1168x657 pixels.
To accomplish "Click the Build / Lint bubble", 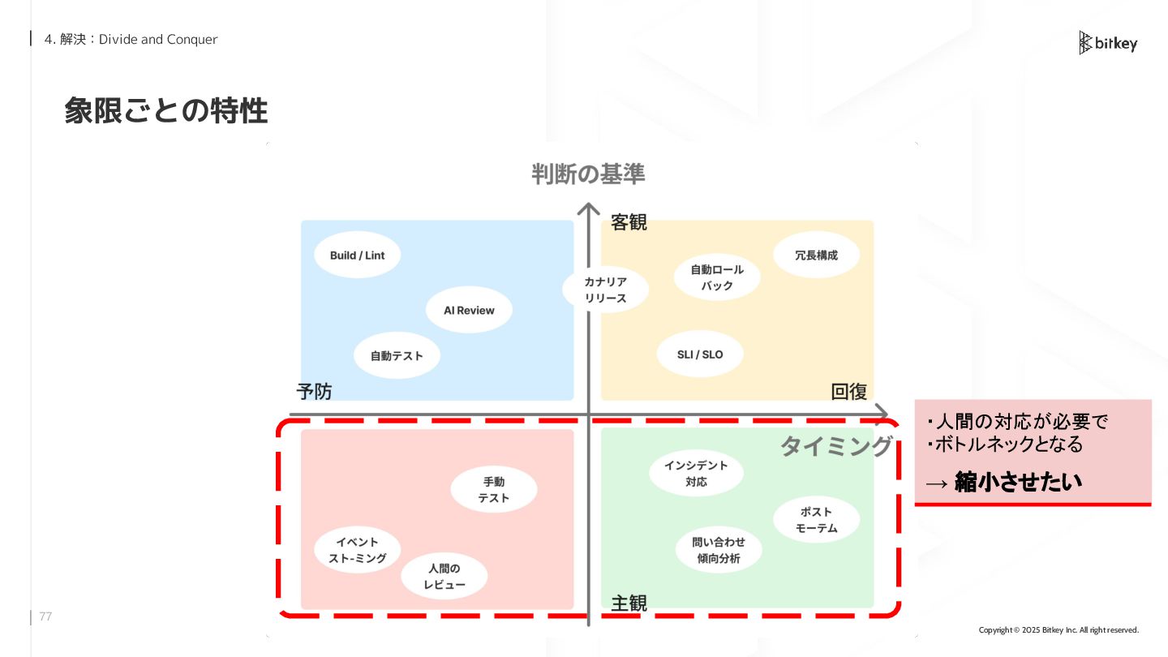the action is tap(357, 255).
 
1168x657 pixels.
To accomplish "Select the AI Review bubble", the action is tap(469, 310).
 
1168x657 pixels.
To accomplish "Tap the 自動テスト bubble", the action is tap(397, 355).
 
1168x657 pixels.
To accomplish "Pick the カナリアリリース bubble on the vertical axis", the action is tap(606, 290).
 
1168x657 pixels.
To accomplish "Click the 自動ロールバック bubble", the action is tap(717, 277).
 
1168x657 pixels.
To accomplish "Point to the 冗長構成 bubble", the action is tap(816, 255).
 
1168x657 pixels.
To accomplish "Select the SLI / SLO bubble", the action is tap(699, 354).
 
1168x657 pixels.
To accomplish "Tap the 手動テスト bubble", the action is tap(493, 490).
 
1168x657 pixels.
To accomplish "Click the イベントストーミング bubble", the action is tap(358, 550).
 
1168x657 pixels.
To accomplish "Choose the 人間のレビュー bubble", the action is tap(444, 577).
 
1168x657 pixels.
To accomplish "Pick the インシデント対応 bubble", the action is tap(696, 474).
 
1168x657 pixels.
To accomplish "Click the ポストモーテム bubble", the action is tap(816, 520).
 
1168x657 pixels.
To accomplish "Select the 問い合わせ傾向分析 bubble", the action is tap(718, 550).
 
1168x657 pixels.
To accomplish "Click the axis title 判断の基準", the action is tap(588, 174).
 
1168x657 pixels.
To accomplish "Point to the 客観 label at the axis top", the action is tap(629, 222).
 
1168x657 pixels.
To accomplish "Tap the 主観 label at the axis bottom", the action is tap(629, 603).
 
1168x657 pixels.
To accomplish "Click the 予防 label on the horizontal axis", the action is tap(314, 392).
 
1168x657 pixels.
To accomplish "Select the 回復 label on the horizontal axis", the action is tap(849, 392).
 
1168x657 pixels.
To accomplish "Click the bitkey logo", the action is tap(1108, 43).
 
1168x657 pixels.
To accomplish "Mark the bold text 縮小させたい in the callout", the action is tap(1018, 482).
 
